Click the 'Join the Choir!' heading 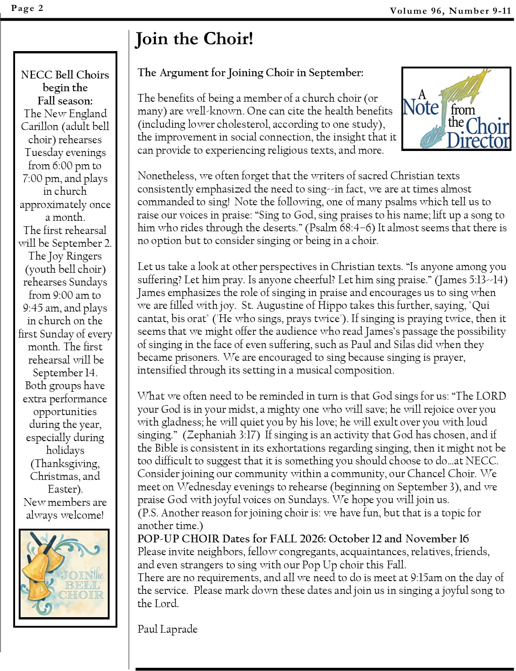click(194, 39)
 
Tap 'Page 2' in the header click(27, 8)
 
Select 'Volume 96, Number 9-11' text click(450, 10)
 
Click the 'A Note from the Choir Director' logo click(456, 109)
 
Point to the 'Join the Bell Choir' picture click(64, 574)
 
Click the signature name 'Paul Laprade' click(168, 629)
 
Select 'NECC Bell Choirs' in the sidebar click(65, 75)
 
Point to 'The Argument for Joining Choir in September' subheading click(250, 73)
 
